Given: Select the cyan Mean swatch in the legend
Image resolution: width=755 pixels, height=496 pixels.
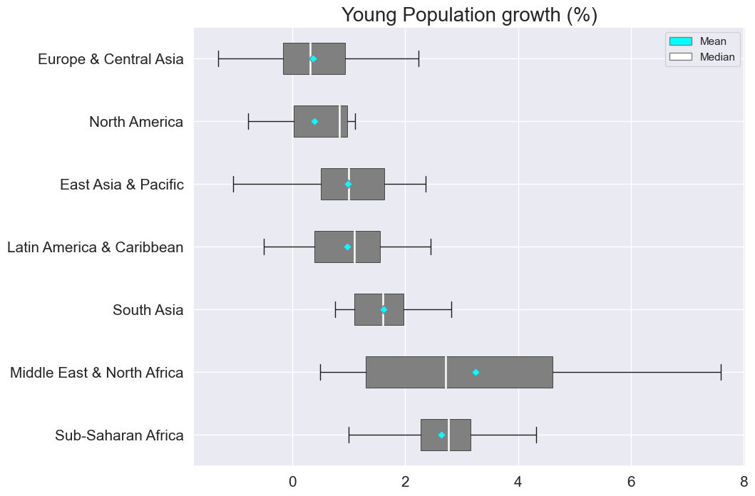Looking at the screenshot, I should (x=680, y=41).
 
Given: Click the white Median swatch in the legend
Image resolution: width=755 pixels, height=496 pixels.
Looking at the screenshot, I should (x=680, y=57).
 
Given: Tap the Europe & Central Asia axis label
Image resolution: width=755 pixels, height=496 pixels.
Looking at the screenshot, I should (x=111, y=59).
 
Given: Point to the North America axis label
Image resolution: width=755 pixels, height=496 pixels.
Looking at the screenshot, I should (x=135, y=122).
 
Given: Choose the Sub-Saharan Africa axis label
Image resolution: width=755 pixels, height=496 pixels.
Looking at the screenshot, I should (x=119, y=435).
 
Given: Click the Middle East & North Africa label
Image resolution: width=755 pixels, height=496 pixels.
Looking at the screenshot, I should (x=96, y=373).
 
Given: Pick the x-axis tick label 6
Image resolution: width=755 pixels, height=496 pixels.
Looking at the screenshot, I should (x=631, y=482).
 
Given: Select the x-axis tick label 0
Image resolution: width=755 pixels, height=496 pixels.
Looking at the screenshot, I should (x=292, y=482).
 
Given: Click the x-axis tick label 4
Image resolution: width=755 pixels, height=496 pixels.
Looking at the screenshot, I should (x=518, y=482).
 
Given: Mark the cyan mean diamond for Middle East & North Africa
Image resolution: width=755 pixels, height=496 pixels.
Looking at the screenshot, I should (x=476, y=372).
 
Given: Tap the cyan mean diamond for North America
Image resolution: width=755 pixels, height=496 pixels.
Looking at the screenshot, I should (x=314, y=122).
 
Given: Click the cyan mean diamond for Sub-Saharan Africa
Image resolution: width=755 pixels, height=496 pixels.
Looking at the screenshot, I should (x=441, y=435).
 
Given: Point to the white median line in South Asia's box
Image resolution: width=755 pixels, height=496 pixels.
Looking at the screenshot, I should (x=383, y=309).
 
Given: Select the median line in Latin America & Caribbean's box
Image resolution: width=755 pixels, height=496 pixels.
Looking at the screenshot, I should (x=354, y=247).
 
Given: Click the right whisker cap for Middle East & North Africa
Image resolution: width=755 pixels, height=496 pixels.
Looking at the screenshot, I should (x=721, y=372).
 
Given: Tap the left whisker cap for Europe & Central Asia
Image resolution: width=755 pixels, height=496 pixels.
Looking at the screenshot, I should (x=218, y=58).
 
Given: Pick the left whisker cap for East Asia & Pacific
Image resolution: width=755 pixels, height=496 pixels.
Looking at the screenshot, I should (x=233, y=184).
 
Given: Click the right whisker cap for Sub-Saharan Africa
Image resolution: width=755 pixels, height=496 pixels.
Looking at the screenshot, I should (x=536, y=435).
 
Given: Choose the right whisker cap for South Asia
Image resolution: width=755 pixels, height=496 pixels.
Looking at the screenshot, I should (x=451, y=309).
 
